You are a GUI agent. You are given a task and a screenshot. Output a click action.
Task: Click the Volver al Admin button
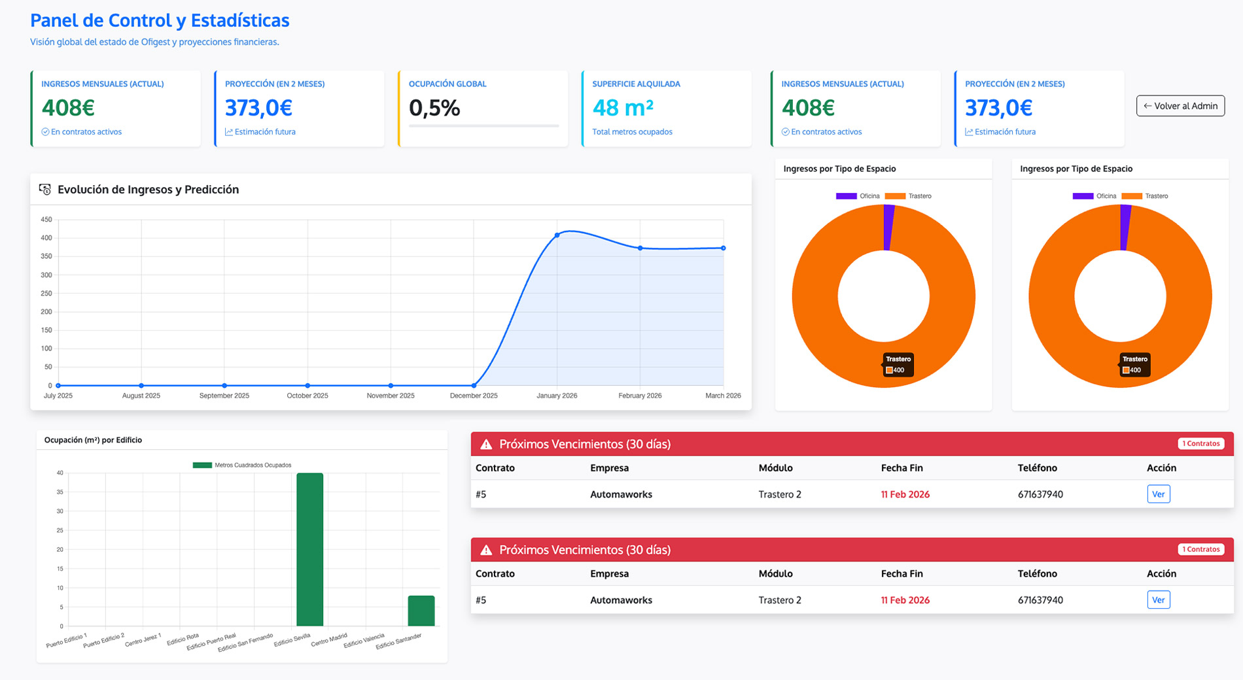1180,106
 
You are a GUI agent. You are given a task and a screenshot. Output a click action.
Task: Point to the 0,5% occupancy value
434,108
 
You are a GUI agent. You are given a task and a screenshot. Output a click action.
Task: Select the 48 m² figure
622,108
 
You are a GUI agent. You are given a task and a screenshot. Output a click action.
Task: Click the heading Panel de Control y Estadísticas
160,20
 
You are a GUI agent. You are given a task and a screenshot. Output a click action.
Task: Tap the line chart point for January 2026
557,235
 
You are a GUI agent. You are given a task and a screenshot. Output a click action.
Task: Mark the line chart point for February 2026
640,248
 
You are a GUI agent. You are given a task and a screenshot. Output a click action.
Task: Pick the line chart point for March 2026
723,248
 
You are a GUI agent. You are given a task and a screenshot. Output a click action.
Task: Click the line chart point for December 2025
474,386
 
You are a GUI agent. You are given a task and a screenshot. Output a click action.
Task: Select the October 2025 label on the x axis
307,396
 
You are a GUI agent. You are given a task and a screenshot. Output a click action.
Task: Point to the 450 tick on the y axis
46,220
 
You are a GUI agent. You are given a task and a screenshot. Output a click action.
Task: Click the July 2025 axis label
58,396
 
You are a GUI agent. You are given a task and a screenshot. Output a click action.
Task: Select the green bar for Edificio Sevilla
309,549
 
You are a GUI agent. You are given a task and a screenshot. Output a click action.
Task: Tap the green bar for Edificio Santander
421,611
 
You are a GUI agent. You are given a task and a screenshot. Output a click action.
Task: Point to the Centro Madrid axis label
329,639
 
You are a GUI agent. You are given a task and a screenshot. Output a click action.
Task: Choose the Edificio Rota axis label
183,639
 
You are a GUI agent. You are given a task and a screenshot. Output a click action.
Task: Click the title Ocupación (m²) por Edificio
93,440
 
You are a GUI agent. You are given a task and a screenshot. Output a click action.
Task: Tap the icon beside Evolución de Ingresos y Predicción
44,190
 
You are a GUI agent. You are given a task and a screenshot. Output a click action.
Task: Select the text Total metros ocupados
632,132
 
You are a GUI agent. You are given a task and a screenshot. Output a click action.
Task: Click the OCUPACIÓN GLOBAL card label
447,84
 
